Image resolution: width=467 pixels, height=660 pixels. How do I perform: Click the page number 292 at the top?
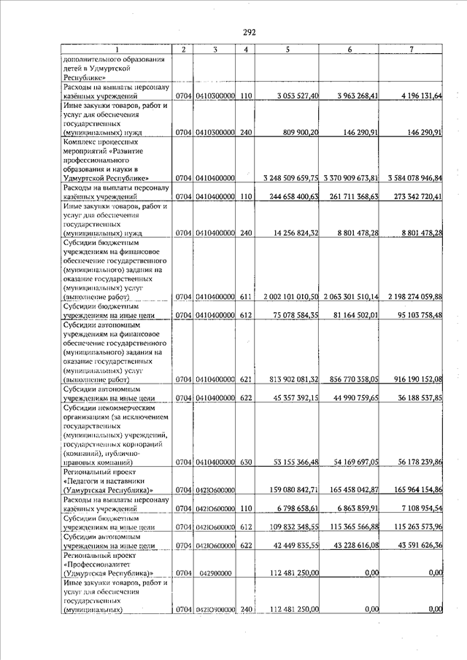tap(249, 32)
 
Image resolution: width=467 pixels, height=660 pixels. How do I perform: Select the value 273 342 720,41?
tap(412, 197)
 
